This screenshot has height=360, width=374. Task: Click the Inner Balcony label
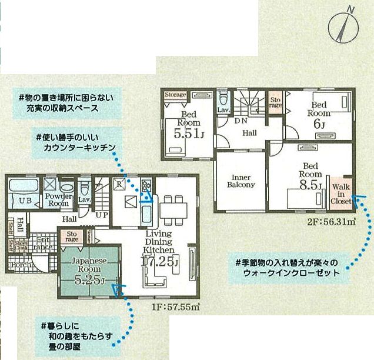(x=241, y=180)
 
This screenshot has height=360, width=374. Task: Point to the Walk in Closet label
(x=341, y=194)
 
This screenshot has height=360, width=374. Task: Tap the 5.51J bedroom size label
(x=187, y=134)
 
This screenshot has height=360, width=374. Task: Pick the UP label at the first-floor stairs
(x=101, y=215)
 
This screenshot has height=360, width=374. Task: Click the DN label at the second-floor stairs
(x=241, y=121)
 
